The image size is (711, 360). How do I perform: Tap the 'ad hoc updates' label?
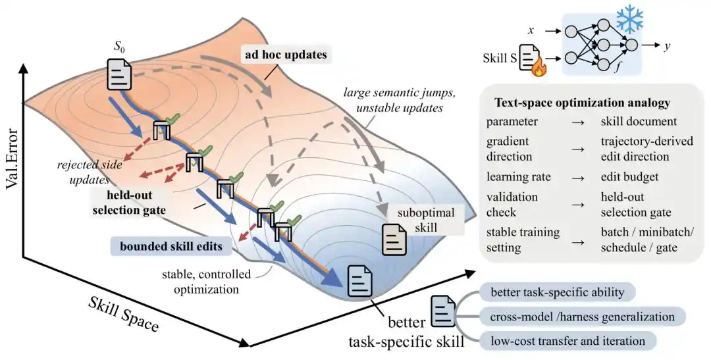tap(286, 55)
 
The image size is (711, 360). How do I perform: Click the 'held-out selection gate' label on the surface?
tap(129, 202)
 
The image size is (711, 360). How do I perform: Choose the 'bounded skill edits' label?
tap(171, 246)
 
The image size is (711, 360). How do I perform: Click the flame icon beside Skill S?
tap(540, 68)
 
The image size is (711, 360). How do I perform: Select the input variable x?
tap(531, 30)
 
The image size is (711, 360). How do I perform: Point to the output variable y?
tap(667, 46)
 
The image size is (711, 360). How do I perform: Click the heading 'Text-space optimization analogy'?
tap(582, 103)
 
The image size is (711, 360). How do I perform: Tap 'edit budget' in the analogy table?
tap(629, 176)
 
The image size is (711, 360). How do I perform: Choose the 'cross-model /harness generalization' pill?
tap(582, 317)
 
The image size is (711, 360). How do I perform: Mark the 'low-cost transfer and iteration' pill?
tap(567, 341)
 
